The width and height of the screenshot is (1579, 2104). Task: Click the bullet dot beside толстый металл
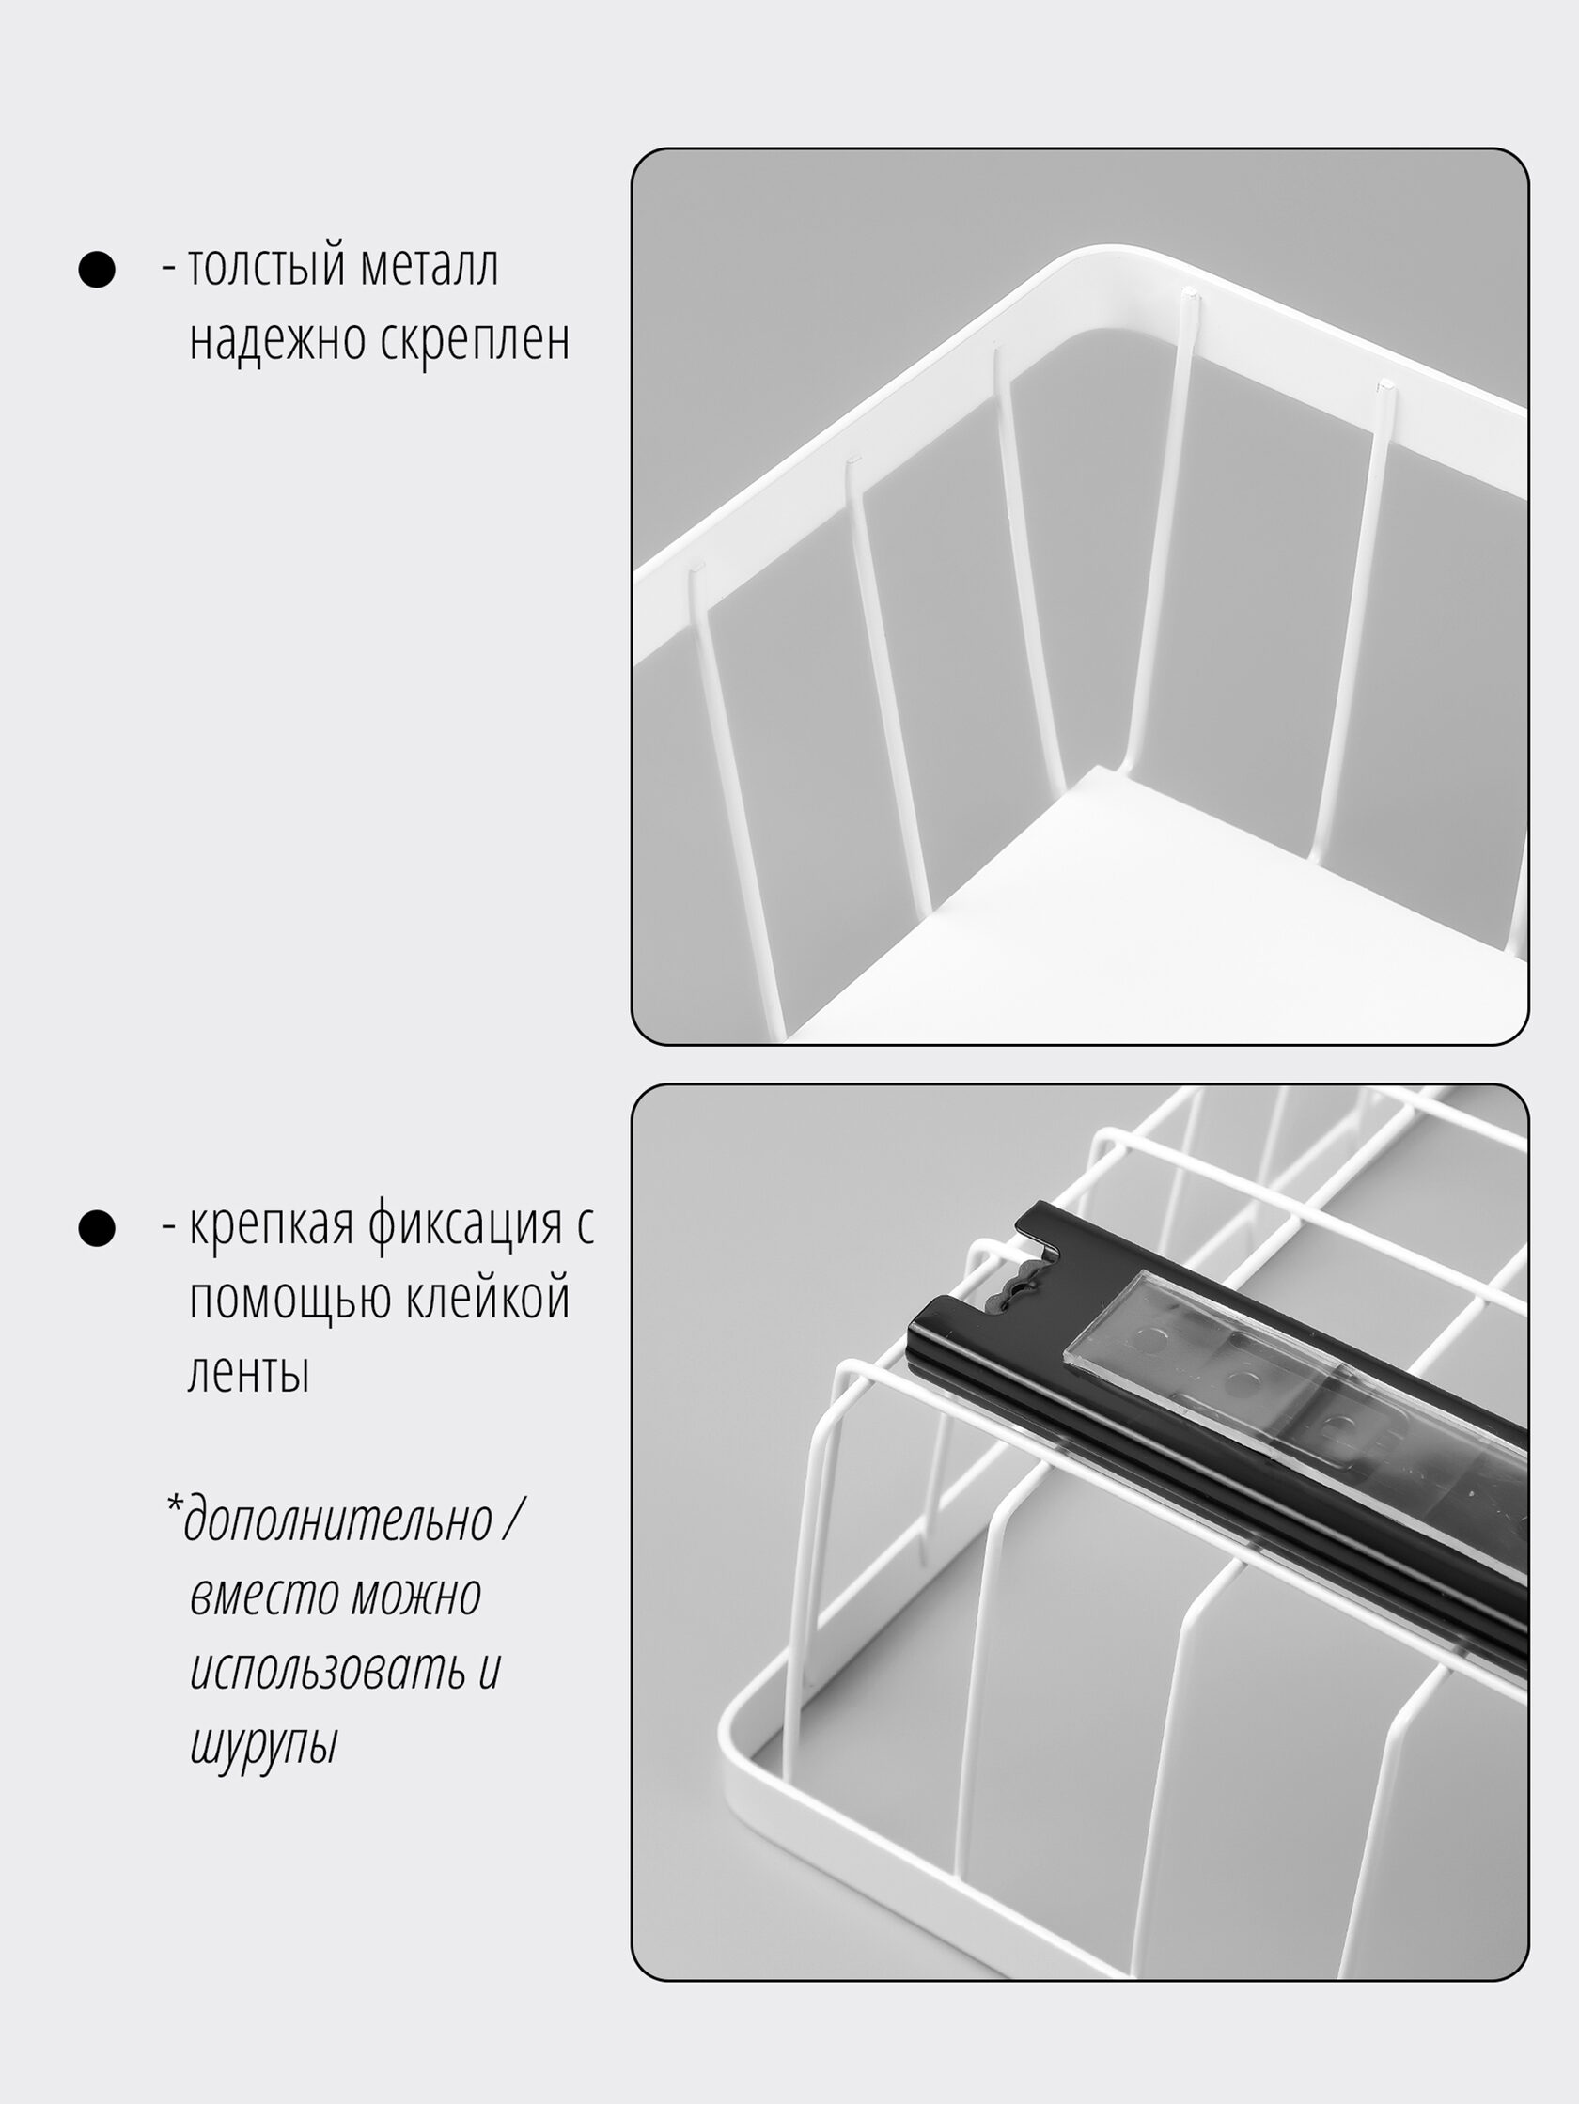(96, 269)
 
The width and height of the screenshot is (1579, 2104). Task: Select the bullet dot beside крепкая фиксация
(96, 1228)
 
